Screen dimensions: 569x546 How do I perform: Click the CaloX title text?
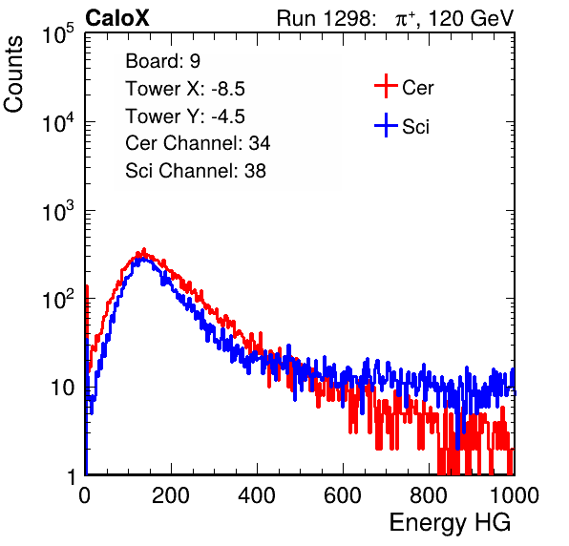click(x=116, y=17)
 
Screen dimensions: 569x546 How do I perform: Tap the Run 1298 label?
click(x=326, y=18)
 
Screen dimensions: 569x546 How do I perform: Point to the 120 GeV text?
click(x=472, y=18)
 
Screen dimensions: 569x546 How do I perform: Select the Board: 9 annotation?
click(x=162, y=61)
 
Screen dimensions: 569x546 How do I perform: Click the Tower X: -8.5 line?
click(x=185, y=89)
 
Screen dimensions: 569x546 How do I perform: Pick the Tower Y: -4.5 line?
click(x=185, y=116)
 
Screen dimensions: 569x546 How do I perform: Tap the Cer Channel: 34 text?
click(x=198, y=143)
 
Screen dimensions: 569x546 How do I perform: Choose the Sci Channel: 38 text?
click(x=196, y=171)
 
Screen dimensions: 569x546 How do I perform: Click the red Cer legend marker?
click(x=386, y=86)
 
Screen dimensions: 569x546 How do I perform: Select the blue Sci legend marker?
click(x=386, y=125)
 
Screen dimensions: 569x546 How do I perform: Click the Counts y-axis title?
click(x=13, y=74)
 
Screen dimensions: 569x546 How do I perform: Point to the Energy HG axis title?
click(x=450, y=523)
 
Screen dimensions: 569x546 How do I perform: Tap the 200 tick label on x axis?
click(x=171, y=495)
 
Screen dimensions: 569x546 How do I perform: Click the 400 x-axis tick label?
click(x=257, y=495)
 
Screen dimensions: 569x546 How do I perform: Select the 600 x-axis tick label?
click(x=343, y=495)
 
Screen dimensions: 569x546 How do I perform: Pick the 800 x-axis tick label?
click(x=429, y=495)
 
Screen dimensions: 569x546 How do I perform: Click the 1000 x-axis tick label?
click(x=515, y=495)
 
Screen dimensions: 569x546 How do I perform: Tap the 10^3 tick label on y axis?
click(x=58, y=211)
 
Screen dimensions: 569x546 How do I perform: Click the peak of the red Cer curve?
click(x=144, y=249)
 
